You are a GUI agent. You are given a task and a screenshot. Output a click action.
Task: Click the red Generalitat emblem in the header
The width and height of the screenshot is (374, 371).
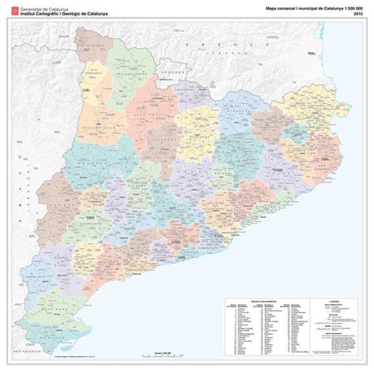[x=11, y=10]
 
